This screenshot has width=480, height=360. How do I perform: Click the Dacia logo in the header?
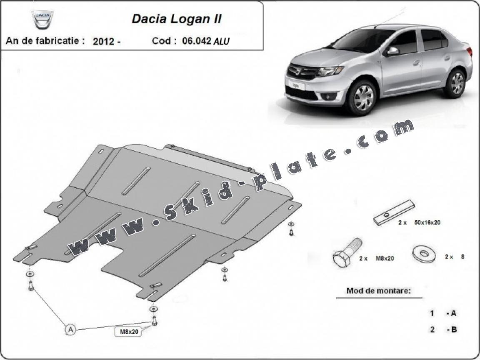click(x=43, y=19)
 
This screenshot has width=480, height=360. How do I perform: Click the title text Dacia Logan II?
click(x=177, y=19)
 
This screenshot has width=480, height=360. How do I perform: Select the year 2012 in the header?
click(x=104, y=41)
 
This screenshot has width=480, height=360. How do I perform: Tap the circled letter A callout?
click(x=71, y=330)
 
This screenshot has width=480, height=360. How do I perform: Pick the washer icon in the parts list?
click(x=422, y=254)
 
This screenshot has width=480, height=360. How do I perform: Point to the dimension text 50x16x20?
click(x=426, y=222)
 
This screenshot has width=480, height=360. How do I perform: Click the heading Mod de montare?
click(x=378, y=291)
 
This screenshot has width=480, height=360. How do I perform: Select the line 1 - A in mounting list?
click(x=444, y=313)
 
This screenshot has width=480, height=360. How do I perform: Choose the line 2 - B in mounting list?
click(x=444, y=330)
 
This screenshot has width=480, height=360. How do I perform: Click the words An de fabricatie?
click(x=45, y=41)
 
